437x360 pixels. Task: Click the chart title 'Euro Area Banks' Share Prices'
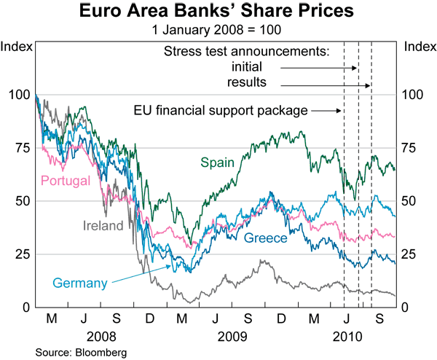219,12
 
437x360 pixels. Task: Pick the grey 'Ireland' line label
103,225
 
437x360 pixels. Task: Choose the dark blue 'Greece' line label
267,238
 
